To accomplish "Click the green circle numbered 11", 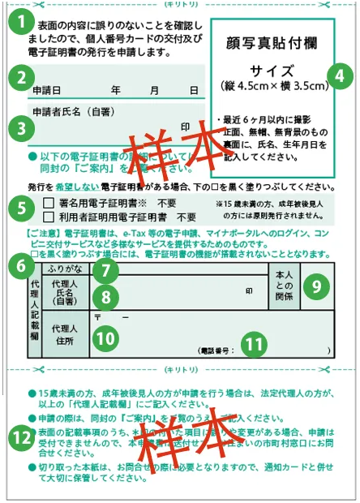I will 255,343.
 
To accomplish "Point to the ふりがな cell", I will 65,267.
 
